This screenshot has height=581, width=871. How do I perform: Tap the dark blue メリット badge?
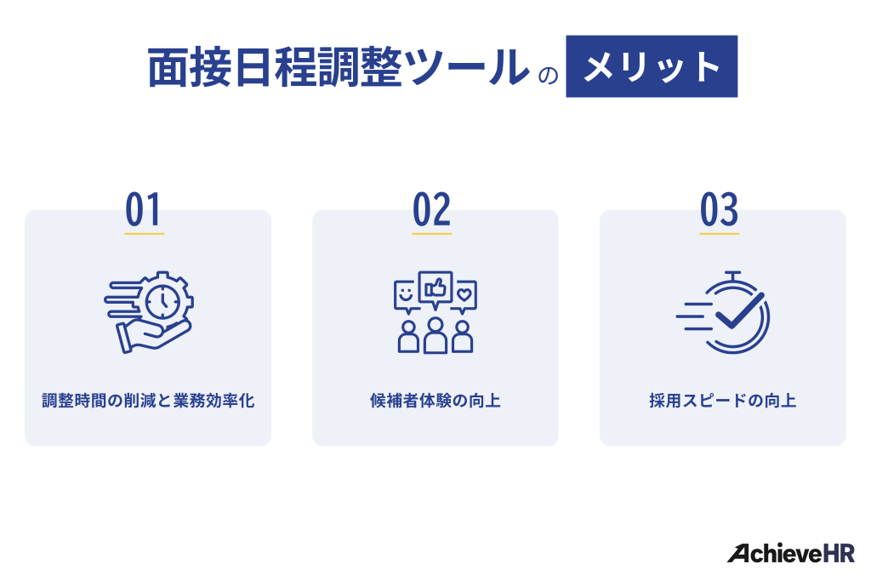pyautogui.click(x=652, y=66)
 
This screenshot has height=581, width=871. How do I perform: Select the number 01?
pyautogui.click(x=144, y=209)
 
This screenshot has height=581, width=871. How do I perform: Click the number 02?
pyautogui.click(x=431, y=209)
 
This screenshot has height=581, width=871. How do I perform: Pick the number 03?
pyautogui.click(x=719, y=209)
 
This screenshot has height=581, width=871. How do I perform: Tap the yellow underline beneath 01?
pyautogui.click(x=144, y=232)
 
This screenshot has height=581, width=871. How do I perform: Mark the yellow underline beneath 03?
pyautogui.click(x=719, y=232)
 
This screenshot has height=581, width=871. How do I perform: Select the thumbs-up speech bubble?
pyautogui.click(x=435, y=288)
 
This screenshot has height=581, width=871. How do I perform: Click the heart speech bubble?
pyautogui.click(x=464, y=294)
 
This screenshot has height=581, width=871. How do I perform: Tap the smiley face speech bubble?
pyautogui.click(x=406, y=294)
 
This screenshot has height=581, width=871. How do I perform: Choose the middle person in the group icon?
pyautogui.click(x=435, y=335)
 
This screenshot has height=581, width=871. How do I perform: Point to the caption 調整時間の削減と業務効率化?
pyautogui.click(x=148, y=401)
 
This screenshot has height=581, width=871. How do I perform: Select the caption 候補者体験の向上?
pyautogui.click(x=435, y=401)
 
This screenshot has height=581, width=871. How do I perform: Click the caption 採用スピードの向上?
pyautogui.click(x=722, y=401)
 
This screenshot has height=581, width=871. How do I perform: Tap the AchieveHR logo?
pyautogui.click(x=790, y=553)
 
